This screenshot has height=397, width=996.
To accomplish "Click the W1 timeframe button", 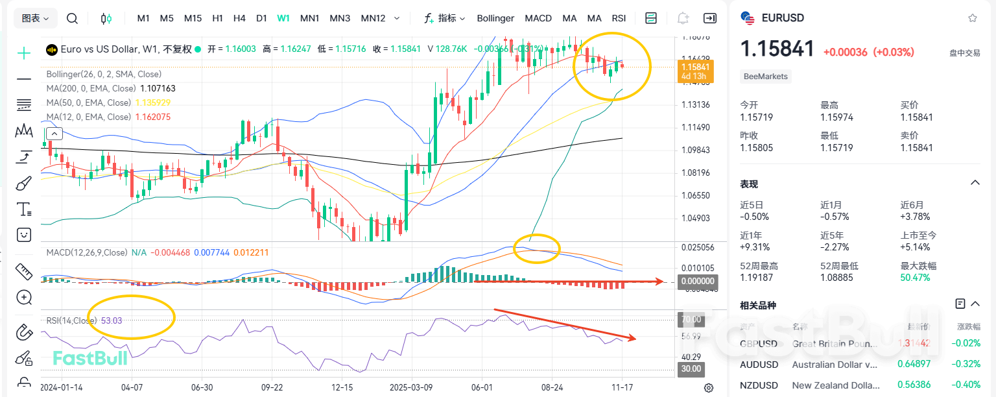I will [x=283, y=18].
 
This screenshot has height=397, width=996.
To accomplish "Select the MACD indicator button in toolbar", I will [x=538, y=18].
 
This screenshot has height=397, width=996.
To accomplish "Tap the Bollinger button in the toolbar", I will [x=495, y=18].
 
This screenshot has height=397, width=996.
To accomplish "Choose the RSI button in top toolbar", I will [x=619, y=18].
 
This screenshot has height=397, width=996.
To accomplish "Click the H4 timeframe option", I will [x=239, y=18].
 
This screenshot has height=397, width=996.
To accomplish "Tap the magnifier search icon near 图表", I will [x=72, y=18].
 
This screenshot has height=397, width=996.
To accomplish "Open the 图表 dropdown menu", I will [x=36, y=18].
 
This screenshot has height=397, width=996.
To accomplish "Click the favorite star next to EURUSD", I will [x=972, y=18].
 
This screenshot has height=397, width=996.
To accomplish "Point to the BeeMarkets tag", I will [x=766, y=77].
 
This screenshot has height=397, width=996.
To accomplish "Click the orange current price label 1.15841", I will [x=695, y=67].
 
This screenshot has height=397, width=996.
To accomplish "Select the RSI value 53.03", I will [x=112, y=320].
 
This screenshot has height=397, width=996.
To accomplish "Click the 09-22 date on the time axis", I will [x=272, y=387].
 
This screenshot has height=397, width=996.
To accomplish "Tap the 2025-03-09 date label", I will [x=412, y=387].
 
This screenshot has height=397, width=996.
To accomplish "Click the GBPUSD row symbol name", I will [x=759, y=343].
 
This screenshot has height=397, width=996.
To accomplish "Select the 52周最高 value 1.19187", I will [x=755, y=278].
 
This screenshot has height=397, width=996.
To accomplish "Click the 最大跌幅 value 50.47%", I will [x=915, y=278].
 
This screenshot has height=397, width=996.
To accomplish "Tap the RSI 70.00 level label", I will [x=690, y=320].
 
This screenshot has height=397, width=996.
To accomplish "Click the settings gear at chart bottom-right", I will [x=709, y=388].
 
